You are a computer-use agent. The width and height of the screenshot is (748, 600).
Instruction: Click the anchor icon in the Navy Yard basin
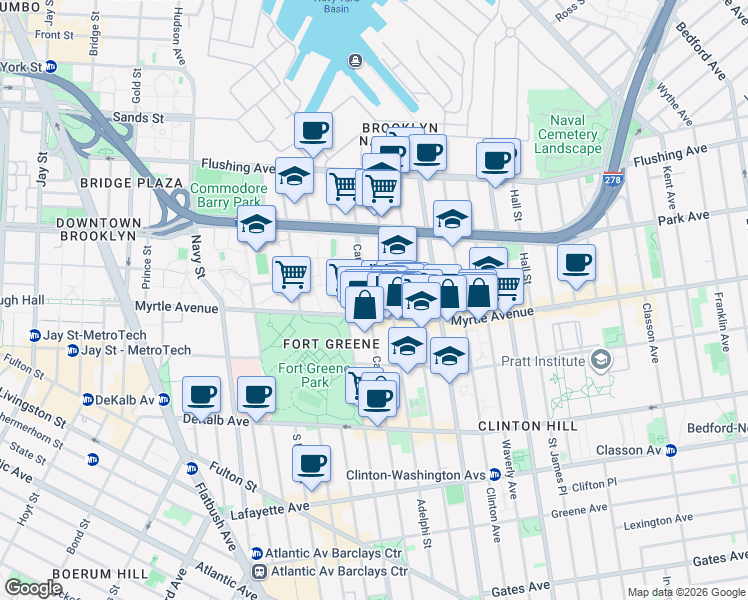tap(355, 62)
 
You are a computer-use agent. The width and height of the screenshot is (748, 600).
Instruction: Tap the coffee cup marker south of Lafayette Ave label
tap(312, 463)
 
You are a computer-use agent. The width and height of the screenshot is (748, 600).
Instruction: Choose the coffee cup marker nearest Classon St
tap(576, 263)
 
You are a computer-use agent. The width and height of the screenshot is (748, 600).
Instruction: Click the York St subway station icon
tap(50, 67)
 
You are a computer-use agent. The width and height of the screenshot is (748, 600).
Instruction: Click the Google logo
tap(33, 588)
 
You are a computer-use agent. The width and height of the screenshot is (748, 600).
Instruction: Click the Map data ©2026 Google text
tap(685, 592)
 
